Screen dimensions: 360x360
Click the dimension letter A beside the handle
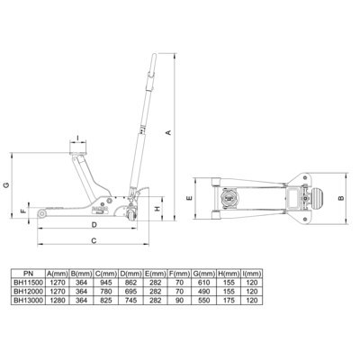pyautogui.click(x=168, y=131)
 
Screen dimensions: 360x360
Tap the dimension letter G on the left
pyautogui.click(x=6, y=185)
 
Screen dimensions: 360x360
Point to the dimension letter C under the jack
pyautogui.click(x=94, y=240)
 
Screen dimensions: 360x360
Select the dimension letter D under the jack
pyautogui.click(x=94, y=224)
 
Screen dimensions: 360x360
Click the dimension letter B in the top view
pyautogui.click(x=341, y=198)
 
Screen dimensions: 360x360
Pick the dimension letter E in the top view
pyautogui.click(x=189, y=198)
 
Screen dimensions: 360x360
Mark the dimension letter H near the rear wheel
pyautogui.click(x=157, y=209)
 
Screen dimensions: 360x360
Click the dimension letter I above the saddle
pyautogui.click(x=77, y=138)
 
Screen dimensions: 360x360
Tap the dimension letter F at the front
pyautogui.click(x=23, y=211)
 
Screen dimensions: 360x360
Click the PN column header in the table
pyautogui.click(x=29, y=274)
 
